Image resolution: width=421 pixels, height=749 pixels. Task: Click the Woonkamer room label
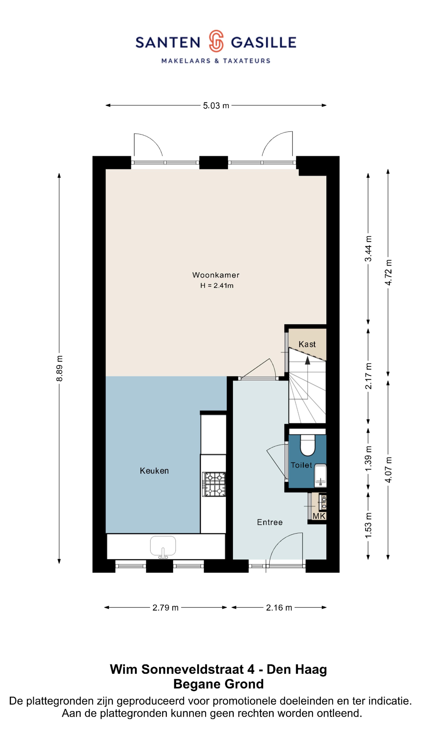point(216,275)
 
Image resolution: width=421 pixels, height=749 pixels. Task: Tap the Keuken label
point(154,471)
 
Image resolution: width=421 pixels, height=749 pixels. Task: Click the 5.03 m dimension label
point(216,106)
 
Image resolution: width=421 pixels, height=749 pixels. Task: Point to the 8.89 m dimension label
point(59,368)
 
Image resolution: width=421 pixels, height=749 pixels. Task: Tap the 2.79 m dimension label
point(165,608)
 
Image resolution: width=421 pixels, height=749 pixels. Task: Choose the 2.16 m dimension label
point(279,608)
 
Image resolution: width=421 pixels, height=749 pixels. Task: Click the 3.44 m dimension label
point(368,249)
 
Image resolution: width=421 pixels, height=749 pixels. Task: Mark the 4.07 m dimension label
point(388,470)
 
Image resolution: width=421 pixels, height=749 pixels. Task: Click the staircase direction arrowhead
point(307,360)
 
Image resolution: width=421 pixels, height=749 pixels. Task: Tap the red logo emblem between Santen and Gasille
point(216,41)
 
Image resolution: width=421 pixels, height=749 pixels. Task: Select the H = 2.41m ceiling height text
point(217,286)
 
